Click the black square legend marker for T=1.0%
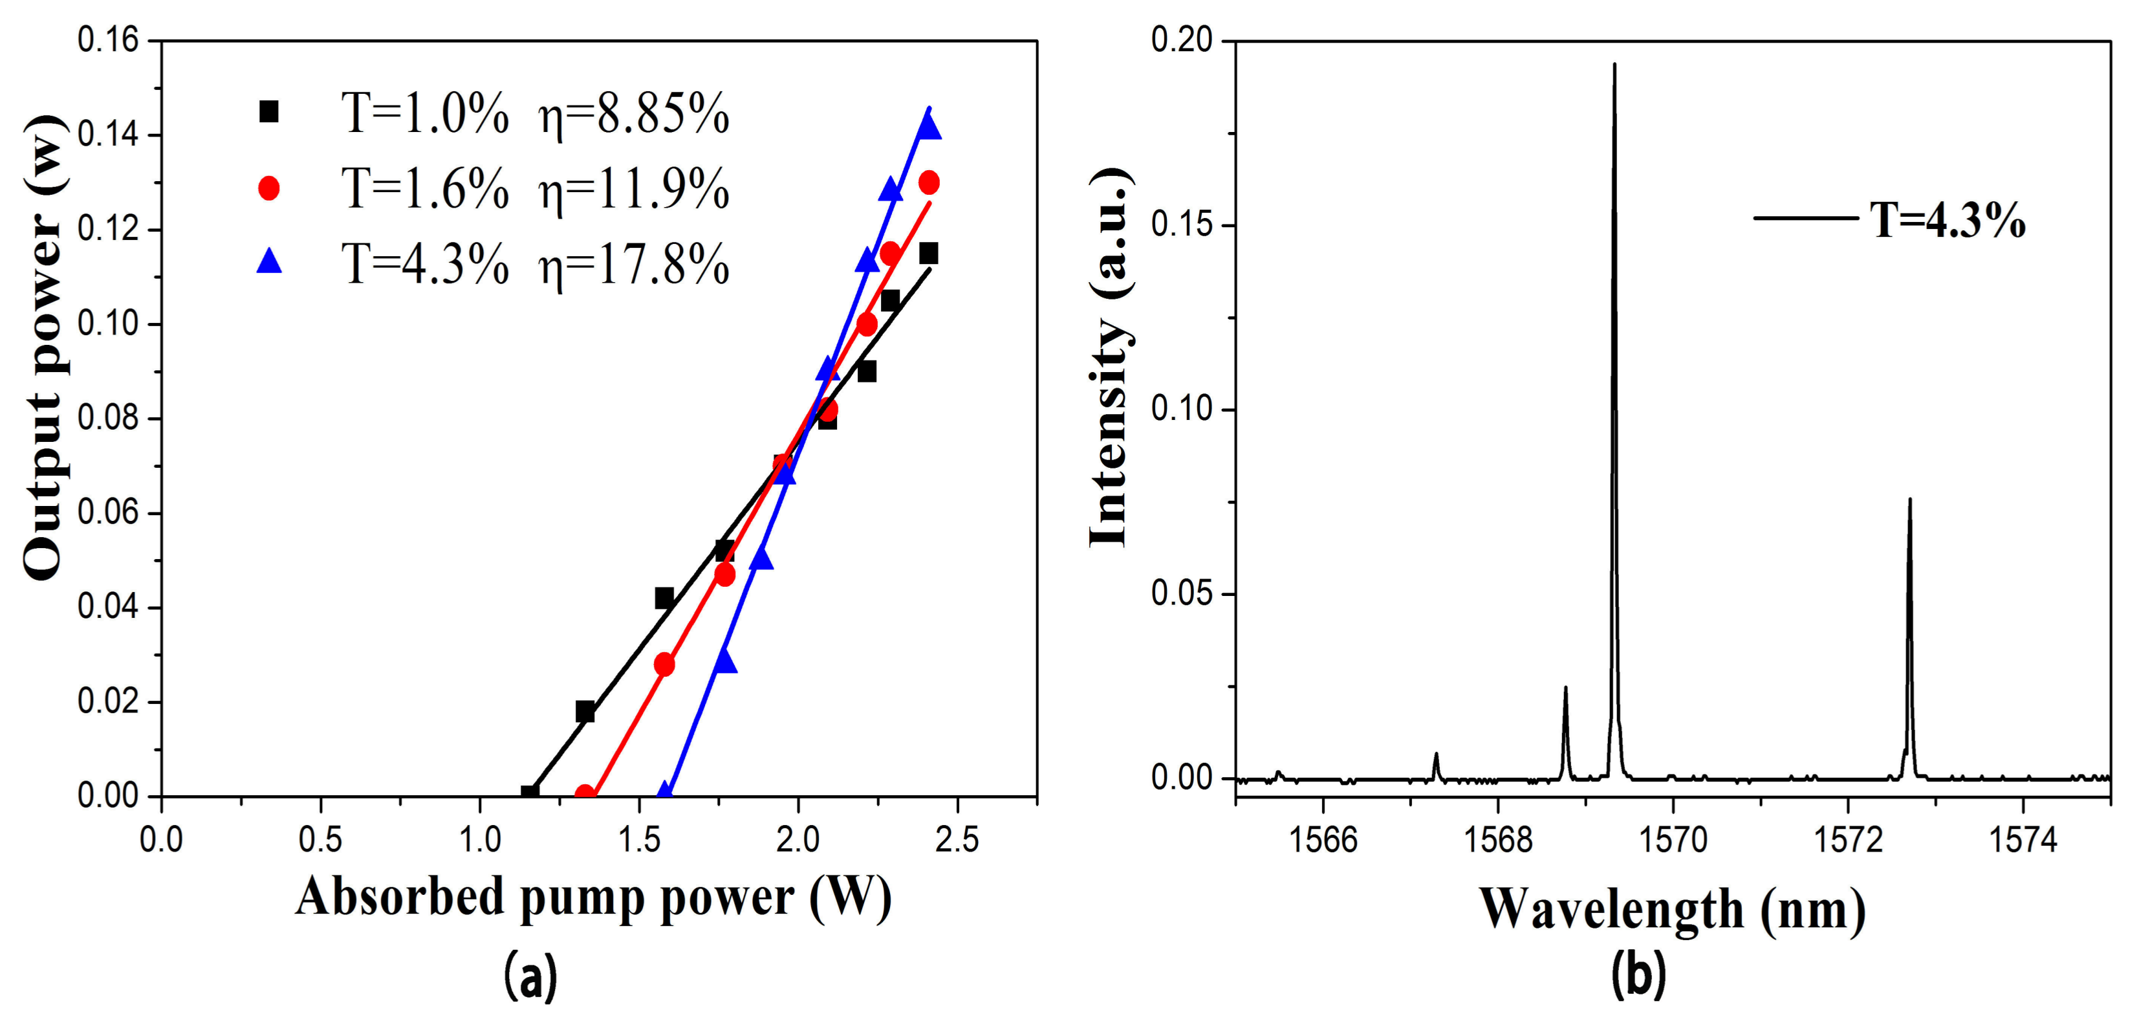(268, 111)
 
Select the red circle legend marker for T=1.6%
(268, 188)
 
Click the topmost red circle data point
(928, 182)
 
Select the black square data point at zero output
(529, 793)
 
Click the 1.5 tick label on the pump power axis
(638, 839)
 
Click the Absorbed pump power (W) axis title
(592, 897)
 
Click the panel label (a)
(531, 977)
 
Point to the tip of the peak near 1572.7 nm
(1909, 501)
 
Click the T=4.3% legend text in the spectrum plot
(1947, 221)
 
